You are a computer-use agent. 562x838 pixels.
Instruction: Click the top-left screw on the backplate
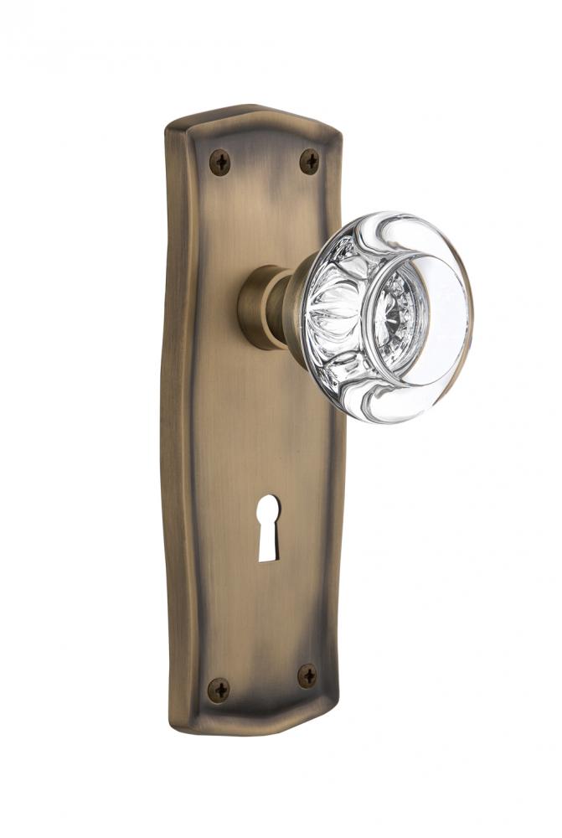tap(220, 161)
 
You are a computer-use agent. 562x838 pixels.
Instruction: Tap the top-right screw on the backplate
tap(309, 160)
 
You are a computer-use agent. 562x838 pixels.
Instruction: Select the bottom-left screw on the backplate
tap(219, 689)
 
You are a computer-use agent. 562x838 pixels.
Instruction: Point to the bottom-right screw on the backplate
tap(307, 675)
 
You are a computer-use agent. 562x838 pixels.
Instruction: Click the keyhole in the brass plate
tap(268, 526)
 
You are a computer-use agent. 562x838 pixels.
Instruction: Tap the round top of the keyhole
tap(268, 508)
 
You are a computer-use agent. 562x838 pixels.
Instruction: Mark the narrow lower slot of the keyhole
tap(268, 543)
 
